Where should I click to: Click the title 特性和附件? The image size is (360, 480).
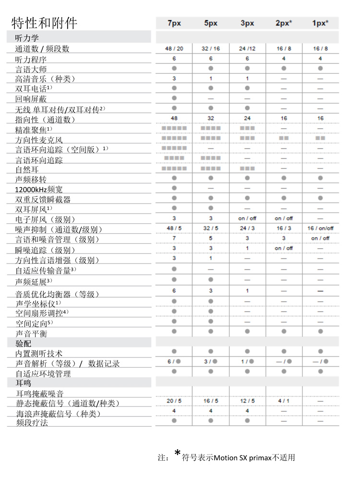click(44, 23)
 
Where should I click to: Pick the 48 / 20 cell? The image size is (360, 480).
click(174, 48)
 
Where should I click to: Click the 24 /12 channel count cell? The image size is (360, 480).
click(247, 48)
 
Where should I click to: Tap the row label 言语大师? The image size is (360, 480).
click(31, 69)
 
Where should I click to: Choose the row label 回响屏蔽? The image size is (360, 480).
click(31, 99)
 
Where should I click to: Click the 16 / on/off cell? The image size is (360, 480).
click(320, 228)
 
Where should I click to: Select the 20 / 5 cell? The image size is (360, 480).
click(174, 401)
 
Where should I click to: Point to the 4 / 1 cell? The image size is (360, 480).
click(283, 401)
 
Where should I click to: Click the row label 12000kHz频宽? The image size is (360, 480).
click(39, 190)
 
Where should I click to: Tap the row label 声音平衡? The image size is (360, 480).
click(31, 333)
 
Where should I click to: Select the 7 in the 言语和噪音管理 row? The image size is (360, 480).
click(174, 238)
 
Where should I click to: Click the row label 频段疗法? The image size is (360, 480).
click(31, 423)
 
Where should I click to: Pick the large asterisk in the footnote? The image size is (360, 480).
click(177, 453)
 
